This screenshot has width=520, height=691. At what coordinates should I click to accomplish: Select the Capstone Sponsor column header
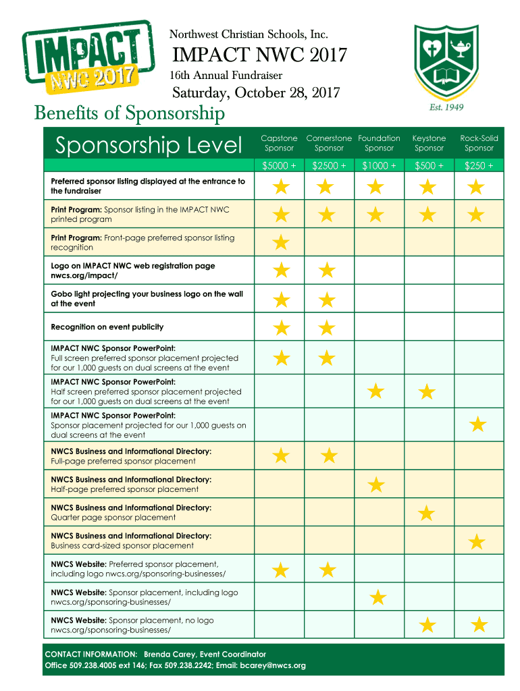(x=279, y=143)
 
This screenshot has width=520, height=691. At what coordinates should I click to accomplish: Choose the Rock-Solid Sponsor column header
(x=479, y=143)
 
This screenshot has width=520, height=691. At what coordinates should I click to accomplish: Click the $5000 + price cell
(x=279, y=165)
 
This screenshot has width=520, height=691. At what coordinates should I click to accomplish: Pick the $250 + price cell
(x=479, y=165)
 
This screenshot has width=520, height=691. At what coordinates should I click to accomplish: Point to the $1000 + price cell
(x=379, y=165)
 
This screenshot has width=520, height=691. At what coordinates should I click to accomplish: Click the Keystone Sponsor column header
(x=429, y=143)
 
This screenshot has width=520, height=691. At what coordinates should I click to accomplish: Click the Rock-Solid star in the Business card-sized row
(x=477, y=541)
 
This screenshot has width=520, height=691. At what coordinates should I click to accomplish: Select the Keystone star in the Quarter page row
(x=426, y=514)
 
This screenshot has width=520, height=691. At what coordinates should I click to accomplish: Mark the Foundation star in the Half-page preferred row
(x=376, y=484)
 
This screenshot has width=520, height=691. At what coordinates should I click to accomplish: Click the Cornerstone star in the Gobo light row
(x=327, y=300)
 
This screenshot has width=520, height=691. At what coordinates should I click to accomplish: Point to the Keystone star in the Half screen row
(x=426, y=391)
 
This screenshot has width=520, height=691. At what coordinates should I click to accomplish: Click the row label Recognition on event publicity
(x=107, y=327)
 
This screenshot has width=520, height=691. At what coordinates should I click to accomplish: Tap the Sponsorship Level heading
(x=149, y=144)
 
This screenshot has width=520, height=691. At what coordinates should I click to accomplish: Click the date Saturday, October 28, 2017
(x=256, y=92)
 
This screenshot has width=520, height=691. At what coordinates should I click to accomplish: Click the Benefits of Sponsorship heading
(x=130, y=113)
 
